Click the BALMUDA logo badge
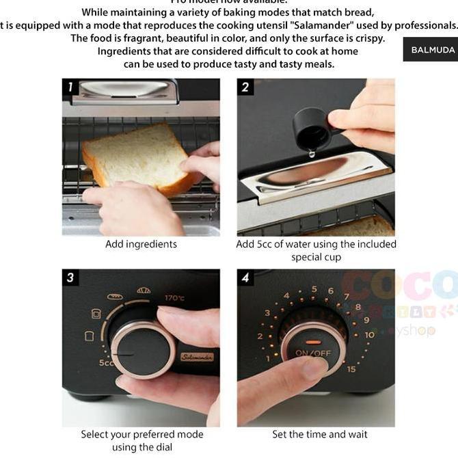coord(433,50)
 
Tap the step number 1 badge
coord(70,87)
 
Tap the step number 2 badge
coord(245,87)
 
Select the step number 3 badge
coord(70,278)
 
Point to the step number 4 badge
coord(245,278)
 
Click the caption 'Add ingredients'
coord(141,244)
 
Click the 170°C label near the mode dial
coord(174,298)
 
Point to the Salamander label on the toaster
coord(197,357)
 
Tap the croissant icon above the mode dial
coord(144,291)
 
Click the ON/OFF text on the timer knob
coord(313,353)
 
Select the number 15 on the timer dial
coord(351,369)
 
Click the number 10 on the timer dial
coord(370,335)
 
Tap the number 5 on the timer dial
coord(314,289)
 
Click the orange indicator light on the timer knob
coord(313,342)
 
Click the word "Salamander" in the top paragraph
coord(310,25)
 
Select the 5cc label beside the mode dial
coord(106,362)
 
